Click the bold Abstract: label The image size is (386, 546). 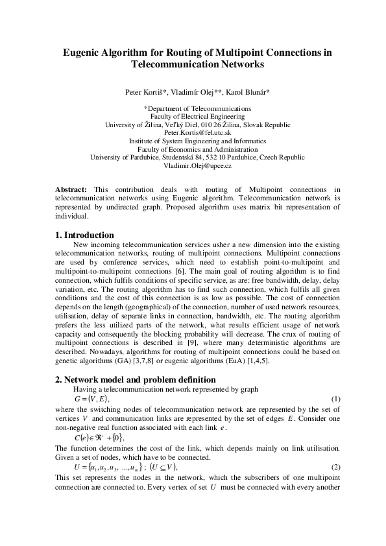click(x=72, y=189)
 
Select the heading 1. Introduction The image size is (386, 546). click(x=85, y=235)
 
